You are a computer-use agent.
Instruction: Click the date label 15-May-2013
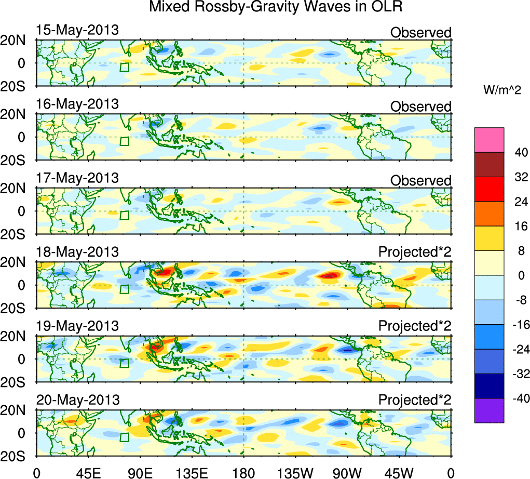[77, 30]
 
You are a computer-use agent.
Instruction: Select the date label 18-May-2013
[77, 252]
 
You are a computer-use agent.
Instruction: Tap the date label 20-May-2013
[78, 400]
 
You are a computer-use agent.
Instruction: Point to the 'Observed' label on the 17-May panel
[420, 180]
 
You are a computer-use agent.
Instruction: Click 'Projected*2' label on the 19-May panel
[415, 326]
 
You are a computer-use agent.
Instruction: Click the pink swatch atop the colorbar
[489, 140]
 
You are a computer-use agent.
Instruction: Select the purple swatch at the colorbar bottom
[489, 410]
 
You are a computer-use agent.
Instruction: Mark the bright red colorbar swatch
[489, 189]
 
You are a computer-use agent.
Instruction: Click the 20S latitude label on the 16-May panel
[17, 160]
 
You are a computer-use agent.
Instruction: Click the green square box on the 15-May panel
[125, 67]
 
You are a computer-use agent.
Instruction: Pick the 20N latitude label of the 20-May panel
[17, 410]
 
